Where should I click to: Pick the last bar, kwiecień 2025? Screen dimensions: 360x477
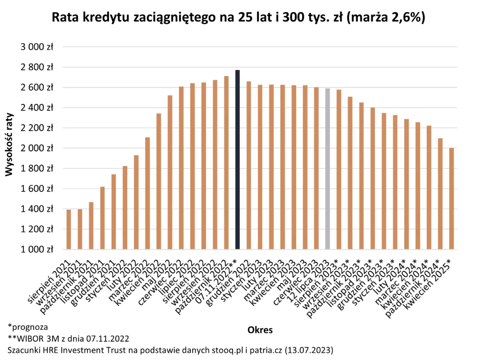(452, 199)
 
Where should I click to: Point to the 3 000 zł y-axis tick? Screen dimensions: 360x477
(37, 47)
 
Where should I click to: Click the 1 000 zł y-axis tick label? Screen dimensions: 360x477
(37, 250)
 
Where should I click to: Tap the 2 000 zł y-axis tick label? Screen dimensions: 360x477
(37, 148)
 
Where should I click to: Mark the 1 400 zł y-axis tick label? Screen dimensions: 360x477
(37, 209)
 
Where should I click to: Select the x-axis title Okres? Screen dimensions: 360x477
(260, 330)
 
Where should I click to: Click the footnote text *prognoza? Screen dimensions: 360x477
(28, 327)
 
